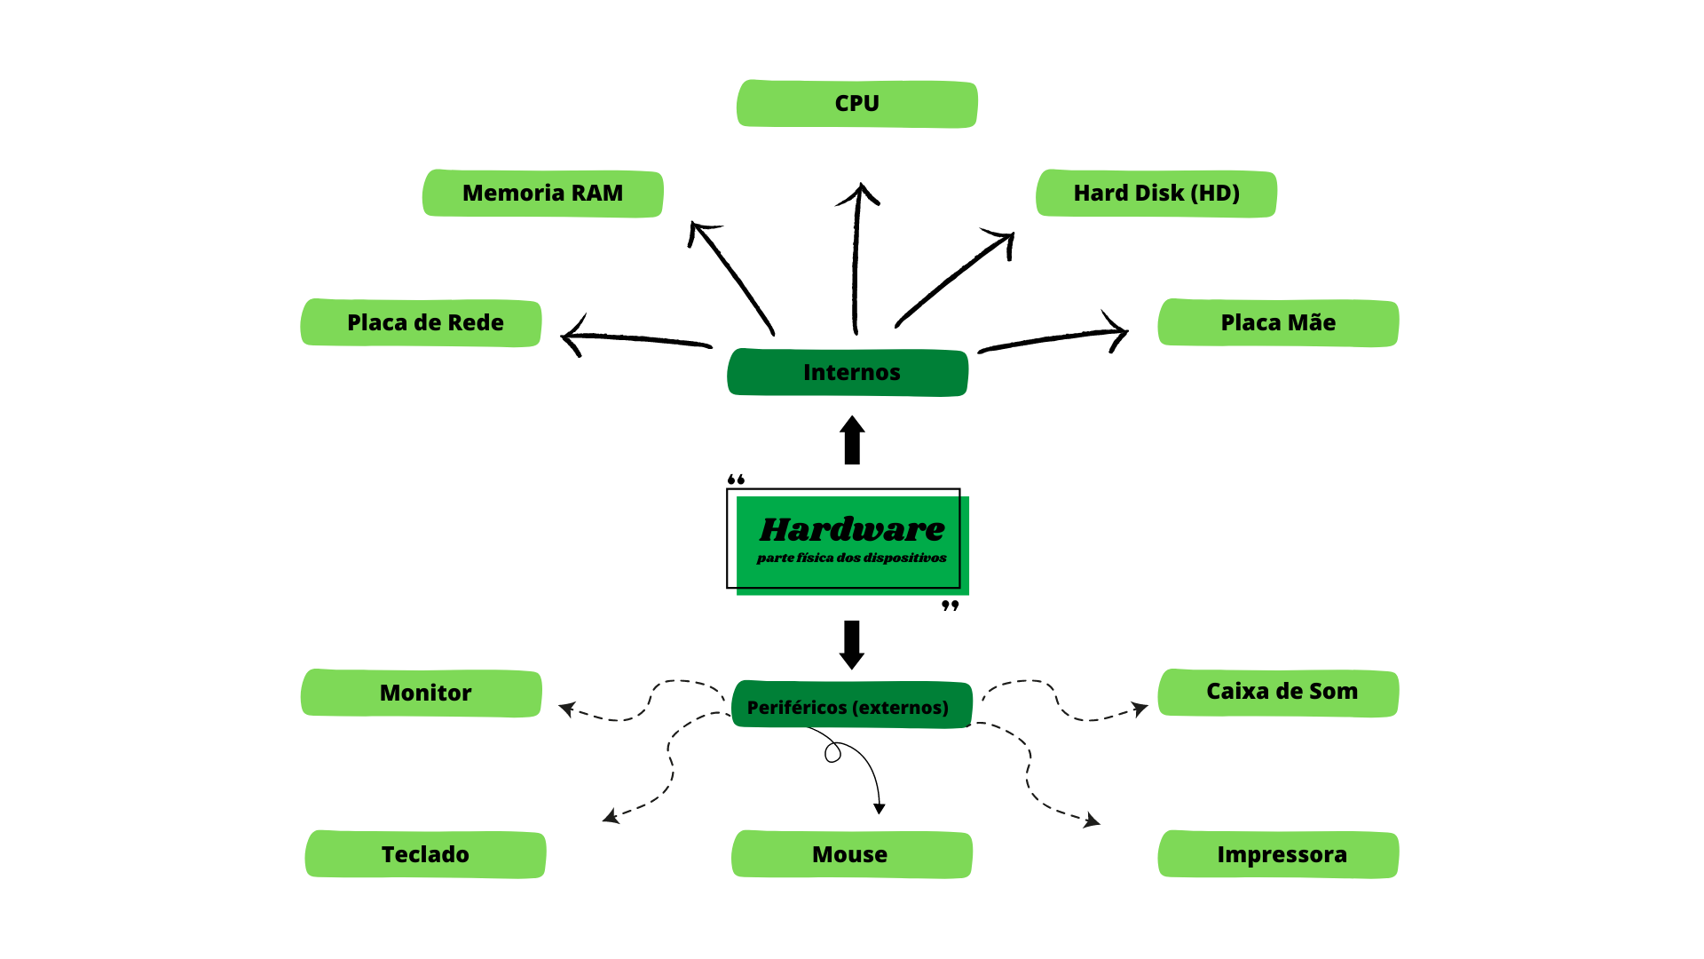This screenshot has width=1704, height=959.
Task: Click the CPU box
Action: pyautogui.click(x=856, y=104)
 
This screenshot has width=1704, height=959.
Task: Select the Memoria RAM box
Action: pyautogui.click(x=542, y=194)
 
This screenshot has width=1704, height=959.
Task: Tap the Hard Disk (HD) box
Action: pyautogui.click(x=1156, y=194)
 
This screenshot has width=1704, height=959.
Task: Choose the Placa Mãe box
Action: pyautogui.click(x=1278, y=323)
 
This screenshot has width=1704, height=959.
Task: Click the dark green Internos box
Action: pyautogui.click(x=848, y=373)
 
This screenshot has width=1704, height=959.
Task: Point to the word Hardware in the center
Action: pyautogui.click(x=852, y=529)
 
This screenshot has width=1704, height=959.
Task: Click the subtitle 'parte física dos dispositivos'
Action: pyautogui.click(x=852, y=559)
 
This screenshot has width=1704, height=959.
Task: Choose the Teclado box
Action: pyautogui.click(x=425, y=855)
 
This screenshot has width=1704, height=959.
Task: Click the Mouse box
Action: pyautogui.click(x=851, y=855)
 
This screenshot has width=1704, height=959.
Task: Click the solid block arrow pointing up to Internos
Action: pyautogui.click(x=852, y=440)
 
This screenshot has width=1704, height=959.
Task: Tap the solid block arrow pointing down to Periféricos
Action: pyautogui.click(x=852, y=644)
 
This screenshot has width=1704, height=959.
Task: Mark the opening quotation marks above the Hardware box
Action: pyautogui.click(x=736, y=479)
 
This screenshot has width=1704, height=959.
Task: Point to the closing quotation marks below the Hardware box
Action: pyautogui.click(x=951, y=606)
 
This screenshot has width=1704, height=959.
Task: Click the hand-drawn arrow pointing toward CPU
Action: pyautogui.click(x=856, y=258)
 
